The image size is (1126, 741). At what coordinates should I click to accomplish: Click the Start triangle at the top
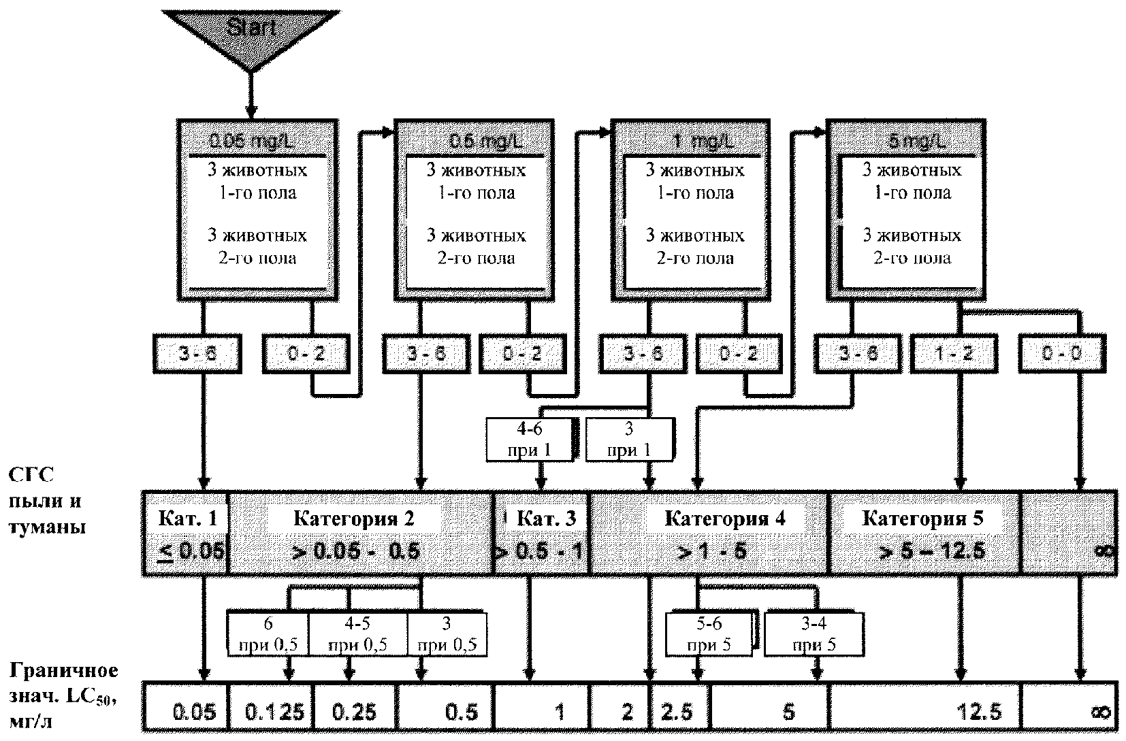pyautogui.click(x=251, y=31)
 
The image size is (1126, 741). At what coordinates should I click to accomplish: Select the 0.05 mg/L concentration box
pyautogui.click(x=257, y=210)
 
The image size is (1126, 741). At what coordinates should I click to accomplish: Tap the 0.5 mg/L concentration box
pyautogui.click(x=475, y=210)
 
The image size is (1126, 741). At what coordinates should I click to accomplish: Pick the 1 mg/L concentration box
pyautogui.click(x=693, y=210)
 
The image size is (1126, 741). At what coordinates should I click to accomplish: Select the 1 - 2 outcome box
pyautogui.click(x=954, y=354)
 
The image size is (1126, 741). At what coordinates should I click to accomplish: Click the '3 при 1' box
pyautogui.click(x=629, y=440)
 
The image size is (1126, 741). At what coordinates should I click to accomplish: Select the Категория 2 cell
pyautogui.click(x=361, y=533)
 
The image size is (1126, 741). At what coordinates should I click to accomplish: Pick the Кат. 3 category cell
pyautogui.click(x=542, y=533)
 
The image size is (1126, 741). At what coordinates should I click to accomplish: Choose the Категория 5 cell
pyautogui.click(x=924, y=533)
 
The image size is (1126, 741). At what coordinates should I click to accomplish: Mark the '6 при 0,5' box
pyautogui.click(x=268, y=634)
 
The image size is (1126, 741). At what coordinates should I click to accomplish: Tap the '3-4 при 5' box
pyautogui.click(x=814, y=634)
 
